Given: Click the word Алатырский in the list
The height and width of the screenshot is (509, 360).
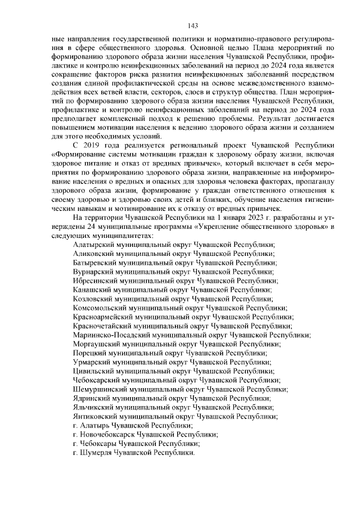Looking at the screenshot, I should (92, 244).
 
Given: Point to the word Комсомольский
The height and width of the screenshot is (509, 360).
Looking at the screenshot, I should (97, 307).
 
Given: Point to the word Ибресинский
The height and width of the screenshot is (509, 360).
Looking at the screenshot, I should (93, 280).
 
